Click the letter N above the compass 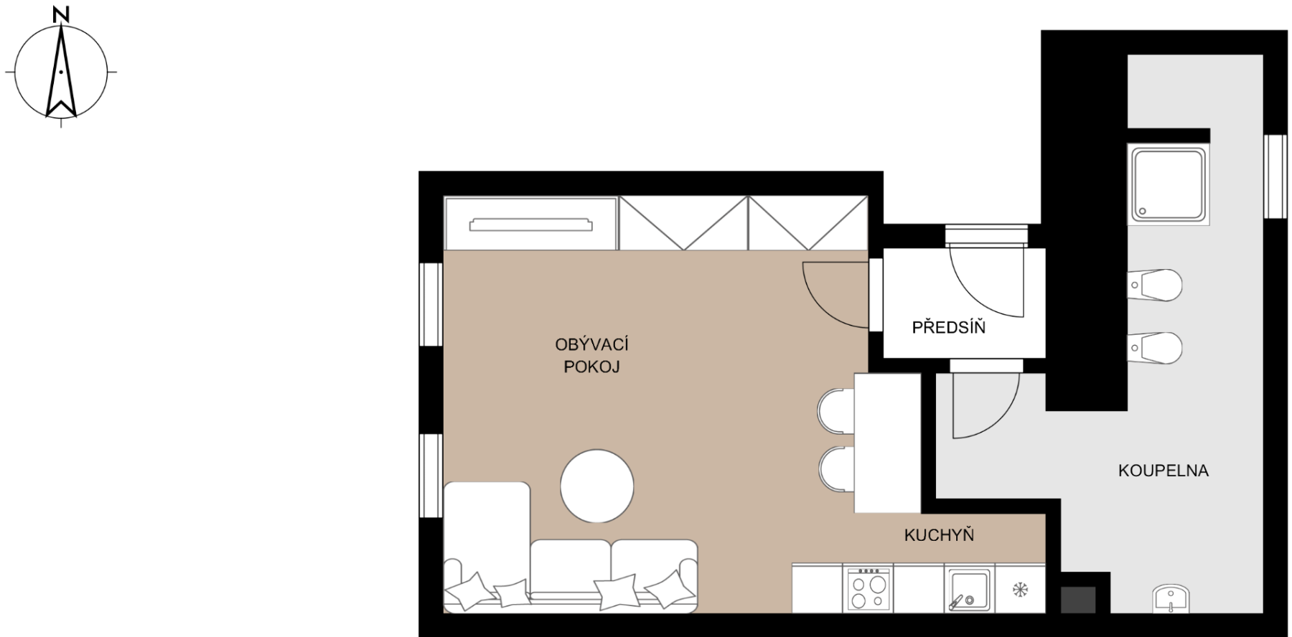62,14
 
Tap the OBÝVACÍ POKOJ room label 591,356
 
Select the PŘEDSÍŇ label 948,327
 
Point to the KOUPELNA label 1163,471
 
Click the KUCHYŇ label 939,535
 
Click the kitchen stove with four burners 869,589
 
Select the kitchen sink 968,589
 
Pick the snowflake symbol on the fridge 1020,590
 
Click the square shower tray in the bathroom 1169,184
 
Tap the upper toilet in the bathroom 1154,286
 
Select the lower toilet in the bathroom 1154,349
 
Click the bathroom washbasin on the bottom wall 1171,599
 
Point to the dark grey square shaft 1078,600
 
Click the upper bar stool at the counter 836,411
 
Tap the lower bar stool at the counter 837,469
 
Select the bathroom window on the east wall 1275,176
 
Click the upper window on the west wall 431,304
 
